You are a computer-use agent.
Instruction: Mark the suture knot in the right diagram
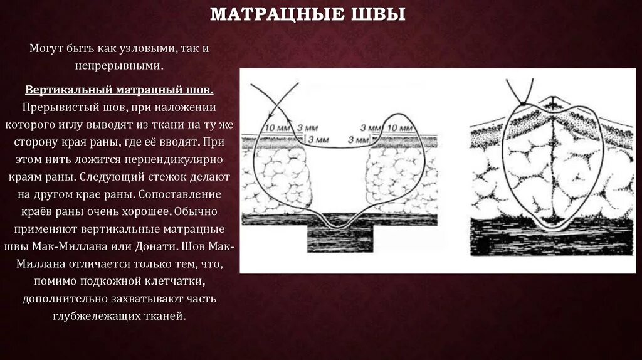(x=522, y=103)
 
